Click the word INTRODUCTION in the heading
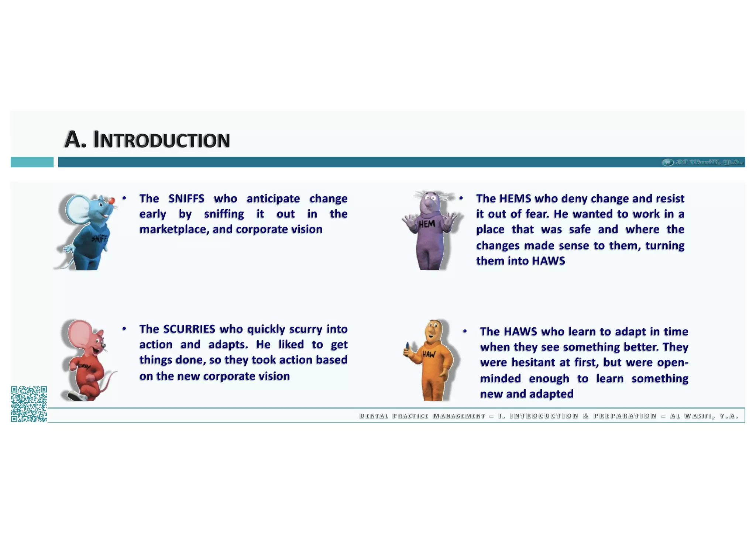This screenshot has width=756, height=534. point(162,140)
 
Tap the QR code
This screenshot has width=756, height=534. point(29,404)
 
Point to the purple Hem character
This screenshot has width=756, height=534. point(430,231)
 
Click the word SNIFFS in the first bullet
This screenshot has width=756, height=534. point(186,199)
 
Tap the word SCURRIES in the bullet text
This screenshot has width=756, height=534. point(189,329)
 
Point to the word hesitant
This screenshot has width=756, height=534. point(533,362)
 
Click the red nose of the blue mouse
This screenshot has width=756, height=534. point(111,200)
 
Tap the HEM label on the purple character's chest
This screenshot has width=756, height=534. point(427,224)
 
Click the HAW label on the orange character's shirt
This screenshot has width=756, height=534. point(429,355)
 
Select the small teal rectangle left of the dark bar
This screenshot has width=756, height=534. point(32,162)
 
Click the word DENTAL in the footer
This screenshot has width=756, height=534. point(374,416)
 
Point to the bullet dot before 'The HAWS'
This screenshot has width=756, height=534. point(465,331)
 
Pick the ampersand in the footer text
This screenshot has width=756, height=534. point(586,416)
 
